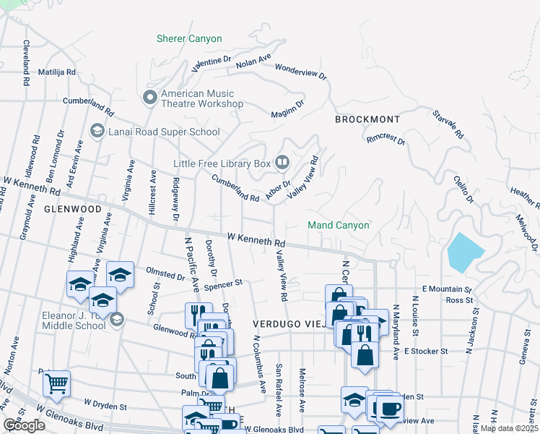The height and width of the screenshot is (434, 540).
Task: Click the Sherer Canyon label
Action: pos(190,38)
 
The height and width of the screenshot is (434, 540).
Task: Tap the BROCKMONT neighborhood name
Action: pos(367,118)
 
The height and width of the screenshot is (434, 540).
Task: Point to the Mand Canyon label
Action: pos(339,225)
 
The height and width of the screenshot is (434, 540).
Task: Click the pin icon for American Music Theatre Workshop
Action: pos(150,97)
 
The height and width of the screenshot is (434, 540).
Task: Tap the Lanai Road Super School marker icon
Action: pos(97,131)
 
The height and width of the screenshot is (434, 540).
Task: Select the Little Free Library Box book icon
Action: pos(283,163)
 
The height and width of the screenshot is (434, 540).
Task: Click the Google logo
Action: pos(24,425)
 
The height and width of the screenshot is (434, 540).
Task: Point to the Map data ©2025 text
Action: pos(509,428)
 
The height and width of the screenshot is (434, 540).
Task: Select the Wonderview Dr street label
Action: pos(301,71)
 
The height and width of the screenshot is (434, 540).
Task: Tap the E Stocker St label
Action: pos(427,351)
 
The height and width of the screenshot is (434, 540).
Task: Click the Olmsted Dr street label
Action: pos(165,275)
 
